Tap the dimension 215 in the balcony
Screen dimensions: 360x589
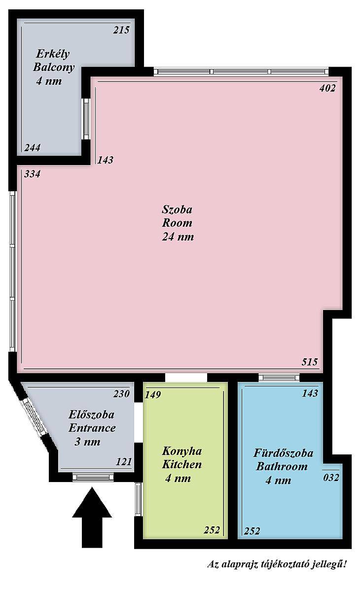[121, 30]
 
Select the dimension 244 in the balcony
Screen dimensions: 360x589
[33, 148]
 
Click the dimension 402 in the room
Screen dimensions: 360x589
[327, 88]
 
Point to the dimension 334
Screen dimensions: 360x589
[33, 174]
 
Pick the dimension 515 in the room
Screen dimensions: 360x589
[310, 362]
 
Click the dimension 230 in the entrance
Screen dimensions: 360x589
[122, 394]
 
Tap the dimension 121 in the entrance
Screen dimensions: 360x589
[124, 462]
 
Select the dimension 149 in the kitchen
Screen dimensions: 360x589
[153, 394]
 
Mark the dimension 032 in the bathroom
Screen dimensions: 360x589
[331, 478]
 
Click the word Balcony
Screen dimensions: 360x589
[54, 68]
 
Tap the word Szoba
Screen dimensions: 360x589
[177, 209]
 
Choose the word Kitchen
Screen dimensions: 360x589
[182, 465]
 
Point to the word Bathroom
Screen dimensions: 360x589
[282, 467]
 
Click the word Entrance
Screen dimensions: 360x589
[92, 428]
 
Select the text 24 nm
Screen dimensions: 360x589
[178, 237]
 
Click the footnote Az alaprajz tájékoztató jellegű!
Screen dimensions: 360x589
[277, 564]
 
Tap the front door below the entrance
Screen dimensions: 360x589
[93, 477]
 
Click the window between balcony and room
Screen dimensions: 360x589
[86, 119]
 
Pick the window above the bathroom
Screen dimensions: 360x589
[279, 378]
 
